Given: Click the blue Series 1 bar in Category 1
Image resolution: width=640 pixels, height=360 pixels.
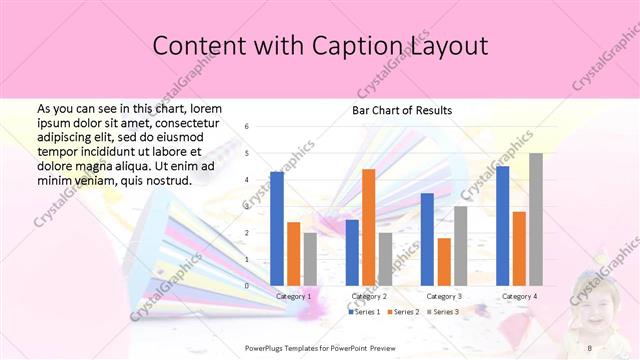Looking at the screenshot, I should click(277, 229).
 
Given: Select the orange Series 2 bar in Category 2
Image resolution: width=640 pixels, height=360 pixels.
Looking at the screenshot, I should click(368, 227).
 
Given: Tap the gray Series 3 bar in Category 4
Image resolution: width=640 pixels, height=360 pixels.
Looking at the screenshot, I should click(536, 220).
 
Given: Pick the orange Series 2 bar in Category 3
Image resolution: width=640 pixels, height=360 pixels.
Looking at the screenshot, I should click(444, 262).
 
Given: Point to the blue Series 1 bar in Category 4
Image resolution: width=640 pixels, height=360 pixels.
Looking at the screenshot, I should click(502, 226).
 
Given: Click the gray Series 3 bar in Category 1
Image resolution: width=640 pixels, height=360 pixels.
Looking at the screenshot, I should click(310, 259).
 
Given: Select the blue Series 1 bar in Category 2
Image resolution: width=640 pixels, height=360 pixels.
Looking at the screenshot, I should click(352, 253).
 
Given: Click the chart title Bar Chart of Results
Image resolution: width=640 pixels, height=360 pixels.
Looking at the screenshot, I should click(402, 110).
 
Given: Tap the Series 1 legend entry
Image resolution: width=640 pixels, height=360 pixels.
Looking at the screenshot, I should click(364, 313).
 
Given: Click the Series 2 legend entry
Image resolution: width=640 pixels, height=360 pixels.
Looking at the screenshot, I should click(402, 313).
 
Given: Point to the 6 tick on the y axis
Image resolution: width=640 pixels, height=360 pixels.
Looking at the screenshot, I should click(247, 127).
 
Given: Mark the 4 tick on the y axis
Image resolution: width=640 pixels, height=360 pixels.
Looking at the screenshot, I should click(247, 180).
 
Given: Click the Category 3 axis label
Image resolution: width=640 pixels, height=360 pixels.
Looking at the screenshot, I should click(444, 297).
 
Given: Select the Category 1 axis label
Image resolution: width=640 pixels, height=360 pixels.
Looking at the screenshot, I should click(293, 297).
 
